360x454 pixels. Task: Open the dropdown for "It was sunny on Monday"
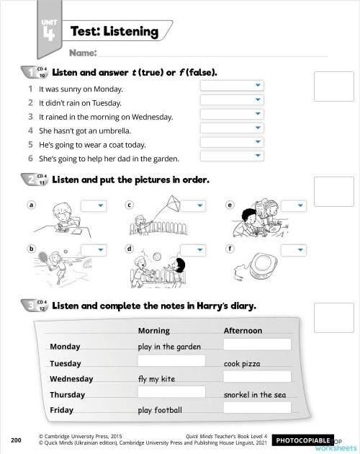[231, 86]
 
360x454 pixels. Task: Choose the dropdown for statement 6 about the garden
[231, 156]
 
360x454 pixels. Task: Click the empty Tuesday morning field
[171, 360]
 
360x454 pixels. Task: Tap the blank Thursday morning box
[171, 392]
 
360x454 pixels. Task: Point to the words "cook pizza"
[242, 363]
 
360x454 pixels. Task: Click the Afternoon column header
[243, 331]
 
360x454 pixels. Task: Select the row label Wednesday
[71, 379]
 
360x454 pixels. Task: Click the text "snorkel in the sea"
[254, 395]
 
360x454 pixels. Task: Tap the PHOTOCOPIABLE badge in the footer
[302, 439]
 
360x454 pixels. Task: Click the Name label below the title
[82, 53]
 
